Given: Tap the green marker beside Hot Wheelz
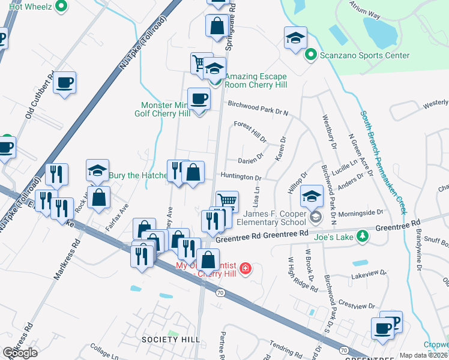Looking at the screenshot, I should coord(60,7).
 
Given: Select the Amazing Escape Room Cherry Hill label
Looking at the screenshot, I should coord(255,80).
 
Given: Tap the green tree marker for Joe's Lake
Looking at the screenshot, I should coord(362,236).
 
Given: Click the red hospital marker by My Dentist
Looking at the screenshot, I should coord(245,268).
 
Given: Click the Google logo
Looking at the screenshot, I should coord(20,353).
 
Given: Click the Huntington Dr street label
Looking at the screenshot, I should coord(241,178).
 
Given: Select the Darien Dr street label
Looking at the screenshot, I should coord(251,158).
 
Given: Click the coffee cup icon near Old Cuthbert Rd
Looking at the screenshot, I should coord(64,82).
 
